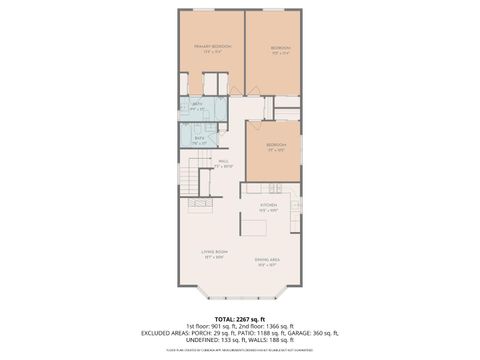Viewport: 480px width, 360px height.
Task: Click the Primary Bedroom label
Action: click(212, 47)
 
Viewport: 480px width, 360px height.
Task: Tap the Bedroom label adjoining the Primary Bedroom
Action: click(281, 48)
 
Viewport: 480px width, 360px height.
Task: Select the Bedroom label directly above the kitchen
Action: click(276, 146)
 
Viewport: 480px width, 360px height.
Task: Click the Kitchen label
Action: click(268, 206)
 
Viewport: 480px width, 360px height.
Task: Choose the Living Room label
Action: click(215, 253)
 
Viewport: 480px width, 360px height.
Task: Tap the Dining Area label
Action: click(267, 261)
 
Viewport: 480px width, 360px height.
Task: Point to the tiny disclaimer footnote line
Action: click(240, 350)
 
